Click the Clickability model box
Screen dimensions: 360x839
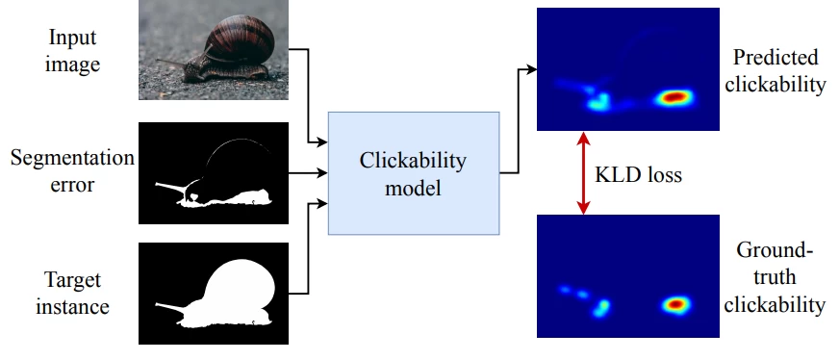[414, 173]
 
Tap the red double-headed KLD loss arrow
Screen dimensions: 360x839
[581, 173]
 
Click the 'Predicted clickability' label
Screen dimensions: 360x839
[777, 70]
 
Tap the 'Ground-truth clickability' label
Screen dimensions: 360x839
[777, 279]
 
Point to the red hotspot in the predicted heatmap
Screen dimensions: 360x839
[674, 97]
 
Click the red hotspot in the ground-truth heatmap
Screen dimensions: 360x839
[675, 304]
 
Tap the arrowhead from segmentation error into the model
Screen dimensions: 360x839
[322, 173]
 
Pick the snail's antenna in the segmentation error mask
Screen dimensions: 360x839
[168, 182]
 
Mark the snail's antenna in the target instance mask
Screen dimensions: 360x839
[168, 307]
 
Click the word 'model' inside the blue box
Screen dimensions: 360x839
[414, 188]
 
